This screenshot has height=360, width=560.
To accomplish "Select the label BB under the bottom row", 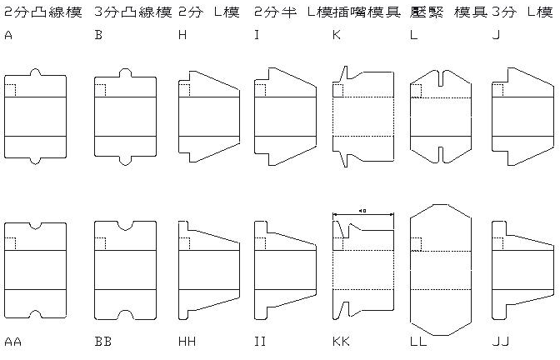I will coord(103,342).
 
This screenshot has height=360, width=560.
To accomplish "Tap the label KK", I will coord(340,342).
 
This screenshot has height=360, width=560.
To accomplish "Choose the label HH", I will coord(187,342).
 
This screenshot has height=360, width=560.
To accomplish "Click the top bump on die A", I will coord(35,72).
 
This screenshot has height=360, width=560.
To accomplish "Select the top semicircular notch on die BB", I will coord(125,226).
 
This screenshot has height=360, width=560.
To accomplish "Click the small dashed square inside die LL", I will coord(417,242).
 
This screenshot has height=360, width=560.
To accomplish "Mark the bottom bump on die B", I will coord(125,159).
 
